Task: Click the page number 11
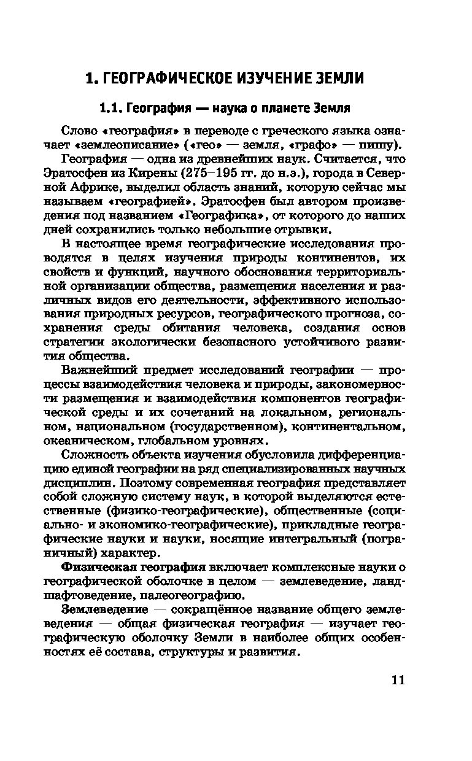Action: (x=397, y=680)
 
